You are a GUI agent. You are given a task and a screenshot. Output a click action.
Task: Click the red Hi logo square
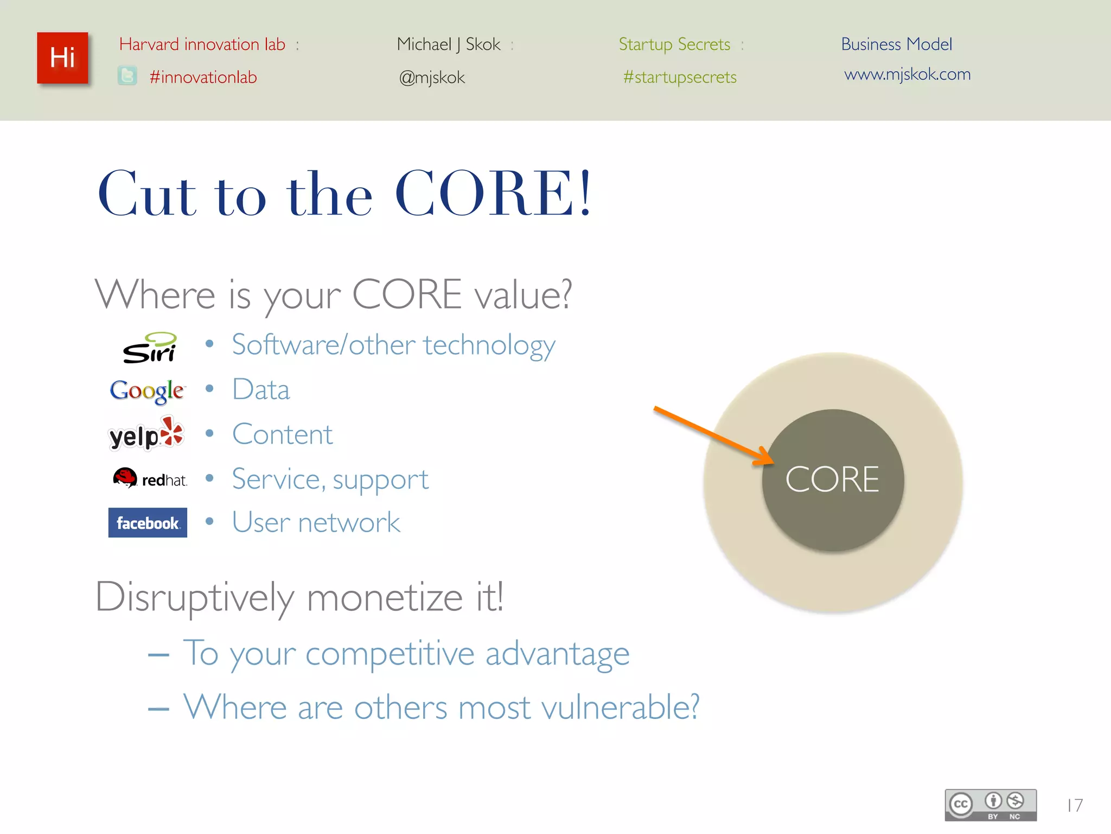[62, 58]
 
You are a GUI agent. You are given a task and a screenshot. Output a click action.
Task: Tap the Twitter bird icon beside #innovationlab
[127, 76]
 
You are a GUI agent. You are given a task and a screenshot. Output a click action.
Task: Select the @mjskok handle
[432, 78]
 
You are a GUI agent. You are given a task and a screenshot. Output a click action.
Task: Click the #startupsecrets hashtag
[680, 77]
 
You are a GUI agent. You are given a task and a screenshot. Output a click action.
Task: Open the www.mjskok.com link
[907, 74]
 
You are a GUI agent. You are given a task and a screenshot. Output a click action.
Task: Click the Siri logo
[149, 347]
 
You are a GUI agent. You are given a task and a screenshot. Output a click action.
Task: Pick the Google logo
[147, 391]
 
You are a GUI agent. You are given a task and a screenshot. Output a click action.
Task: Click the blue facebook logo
[148, 523]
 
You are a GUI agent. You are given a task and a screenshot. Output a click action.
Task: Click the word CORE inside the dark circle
[832, 479]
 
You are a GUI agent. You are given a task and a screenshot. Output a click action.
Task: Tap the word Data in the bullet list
[261, 390]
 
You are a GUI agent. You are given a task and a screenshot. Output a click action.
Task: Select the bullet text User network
[316, 522]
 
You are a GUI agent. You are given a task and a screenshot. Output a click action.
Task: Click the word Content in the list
[282, 434]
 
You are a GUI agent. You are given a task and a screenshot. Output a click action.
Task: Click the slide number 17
[1075, 805]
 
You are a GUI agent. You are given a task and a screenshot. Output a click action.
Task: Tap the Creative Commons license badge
[991, 805]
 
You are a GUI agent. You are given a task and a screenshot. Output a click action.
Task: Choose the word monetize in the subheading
[385, 597]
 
